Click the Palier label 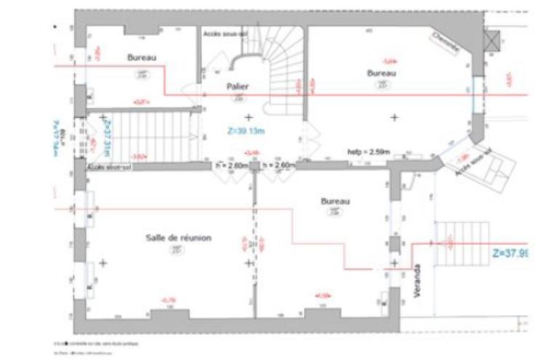point(238,87)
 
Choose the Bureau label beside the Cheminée point(382,73)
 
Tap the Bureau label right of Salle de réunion point(336,201)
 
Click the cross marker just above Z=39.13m point(249,116)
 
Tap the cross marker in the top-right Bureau point(395,116)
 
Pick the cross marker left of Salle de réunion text point(102,263)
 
